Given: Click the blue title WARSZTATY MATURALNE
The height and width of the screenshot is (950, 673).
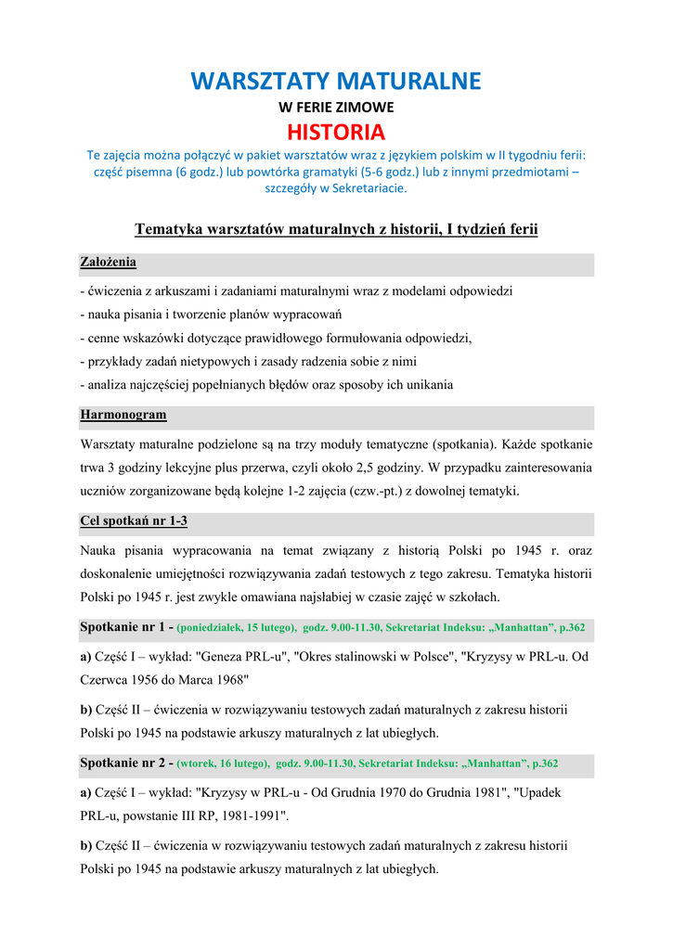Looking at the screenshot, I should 336,82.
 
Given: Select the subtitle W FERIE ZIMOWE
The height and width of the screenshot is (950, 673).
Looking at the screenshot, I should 336,107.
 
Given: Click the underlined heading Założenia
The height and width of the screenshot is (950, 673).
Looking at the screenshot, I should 108,263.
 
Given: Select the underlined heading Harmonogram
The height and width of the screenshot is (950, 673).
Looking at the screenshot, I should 123,415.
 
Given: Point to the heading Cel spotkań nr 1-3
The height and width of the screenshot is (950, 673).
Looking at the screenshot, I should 134,521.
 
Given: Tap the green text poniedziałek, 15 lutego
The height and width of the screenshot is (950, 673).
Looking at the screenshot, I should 238,628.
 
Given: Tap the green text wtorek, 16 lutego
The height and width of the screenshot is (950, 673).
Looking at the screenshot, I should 223,764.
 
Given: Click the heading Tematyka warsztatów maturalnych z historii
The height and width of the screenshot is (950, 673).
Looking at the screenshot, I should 336,229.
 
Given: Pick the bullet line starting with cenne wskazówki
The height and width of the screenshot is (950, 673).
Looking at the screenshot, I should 276,339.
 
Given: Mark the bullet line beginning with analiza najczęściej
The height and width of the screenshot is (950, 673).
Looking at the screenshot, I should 266,385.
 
